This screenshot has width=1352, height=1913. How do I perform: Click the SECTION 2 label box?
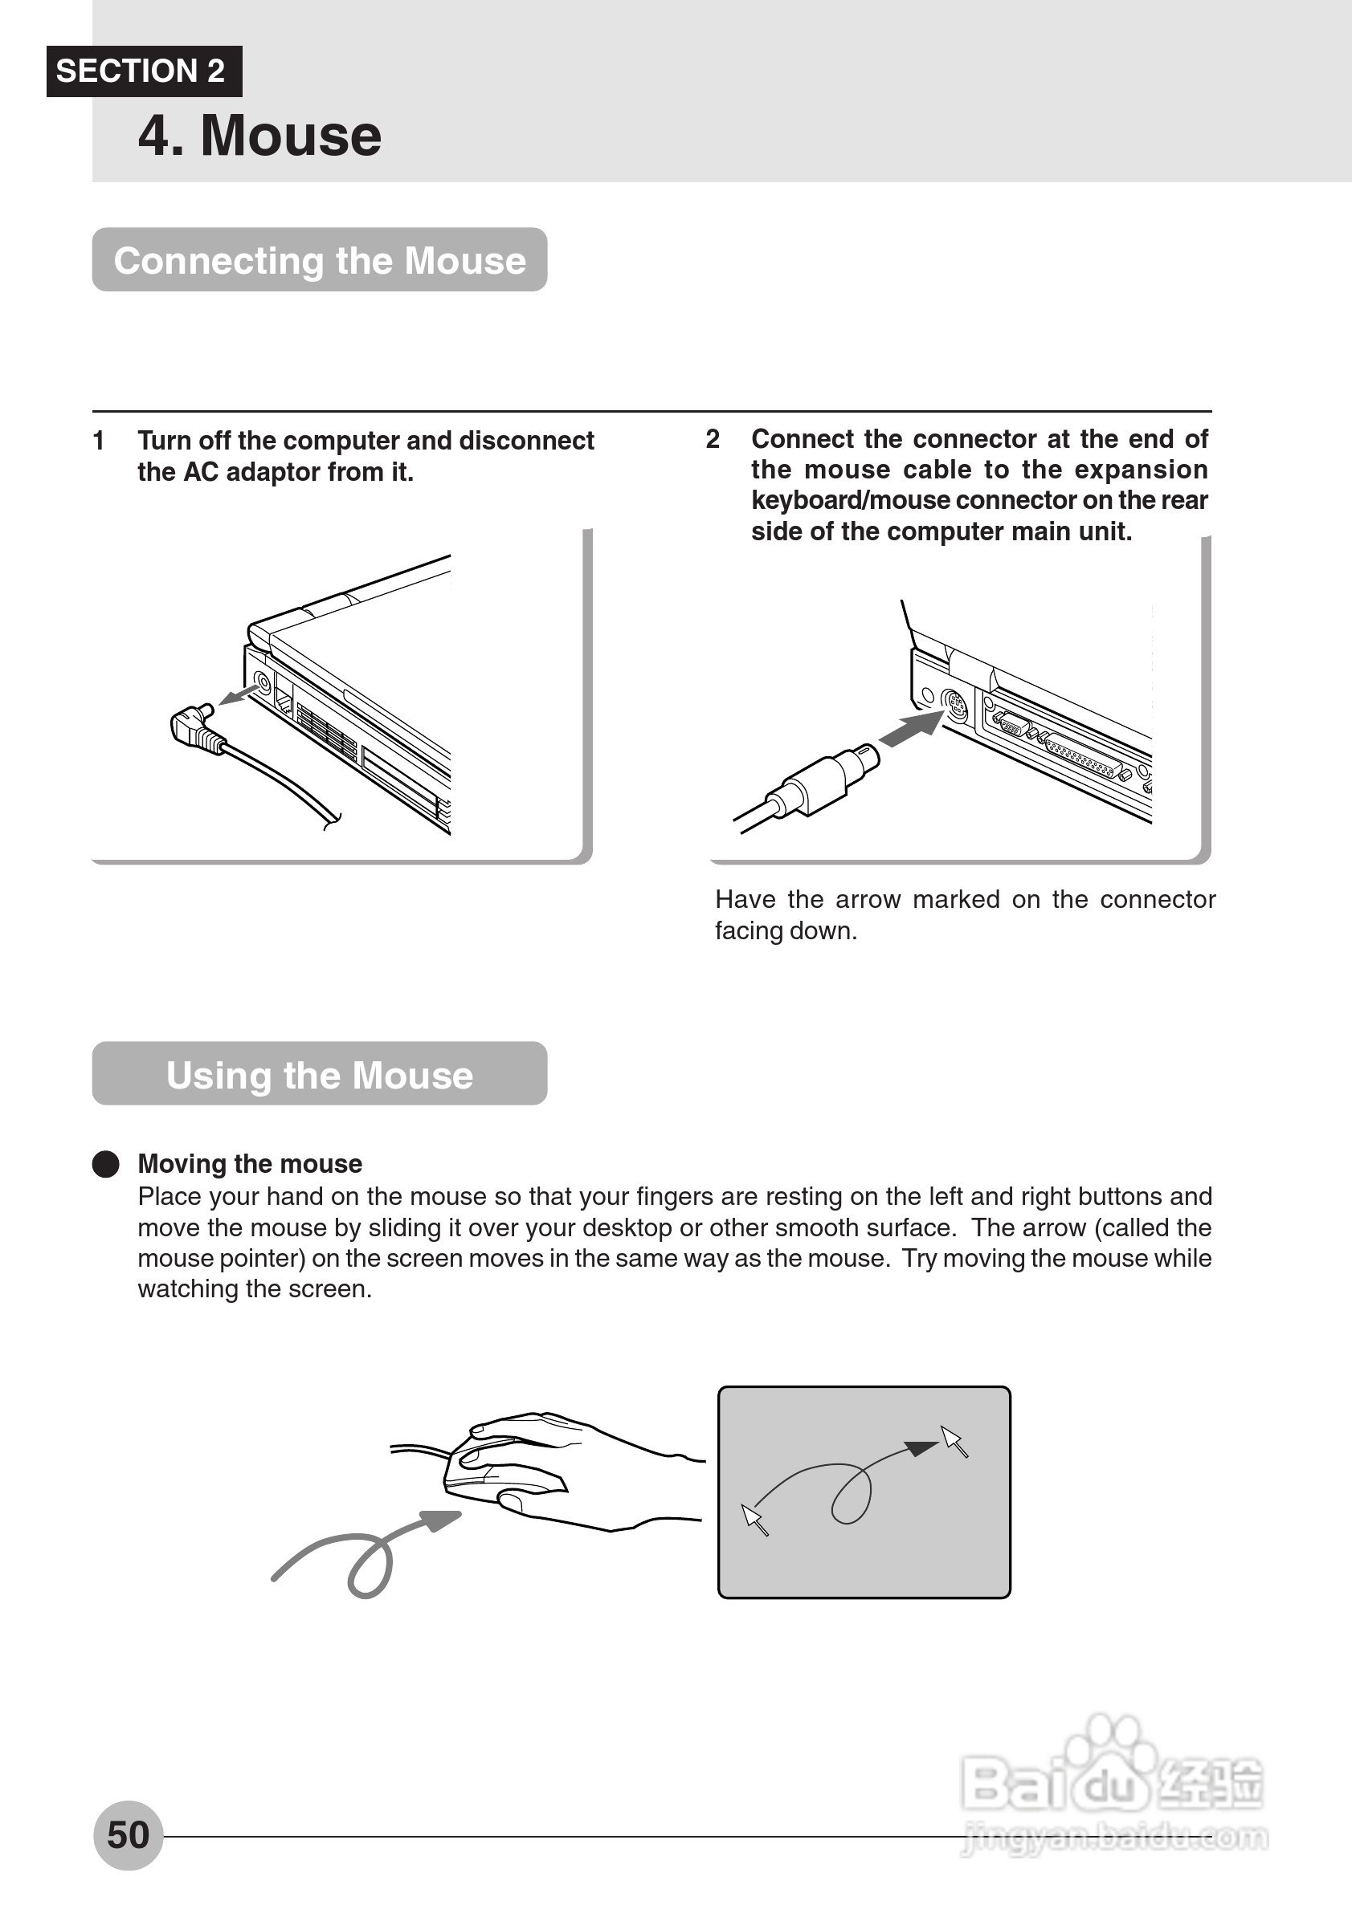pos(143,71)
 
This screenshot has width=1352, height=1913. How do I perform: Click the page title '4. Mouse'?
pos(259,135)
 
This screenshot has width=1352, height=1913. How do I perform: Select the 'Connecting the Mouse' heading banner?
pos(319,260)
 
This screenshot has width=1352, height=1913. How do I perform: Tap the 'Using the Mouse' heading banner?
pos(319,1074)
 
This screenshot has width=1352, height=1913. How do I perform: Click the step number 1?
pos(98,440)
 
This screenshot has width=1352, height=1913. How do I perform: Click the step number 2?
pos(712,438)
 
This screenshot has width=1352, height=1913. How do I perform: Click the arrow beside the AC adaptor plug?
pos(238,694)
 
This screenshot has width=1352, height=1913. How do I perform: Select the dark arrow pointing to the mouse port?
pos(912,729)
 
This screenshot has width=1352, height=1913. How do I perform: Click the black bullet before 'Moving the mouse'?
pos(106,1164)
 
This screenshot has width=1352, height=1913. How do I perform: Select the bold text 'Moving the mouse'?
pos(250,1164)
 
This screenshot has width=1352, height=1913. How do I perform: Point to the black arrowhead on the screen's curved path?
pos(921,1448)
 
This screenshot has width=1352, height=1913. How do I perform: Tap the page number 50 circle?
pos(129,1835)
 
